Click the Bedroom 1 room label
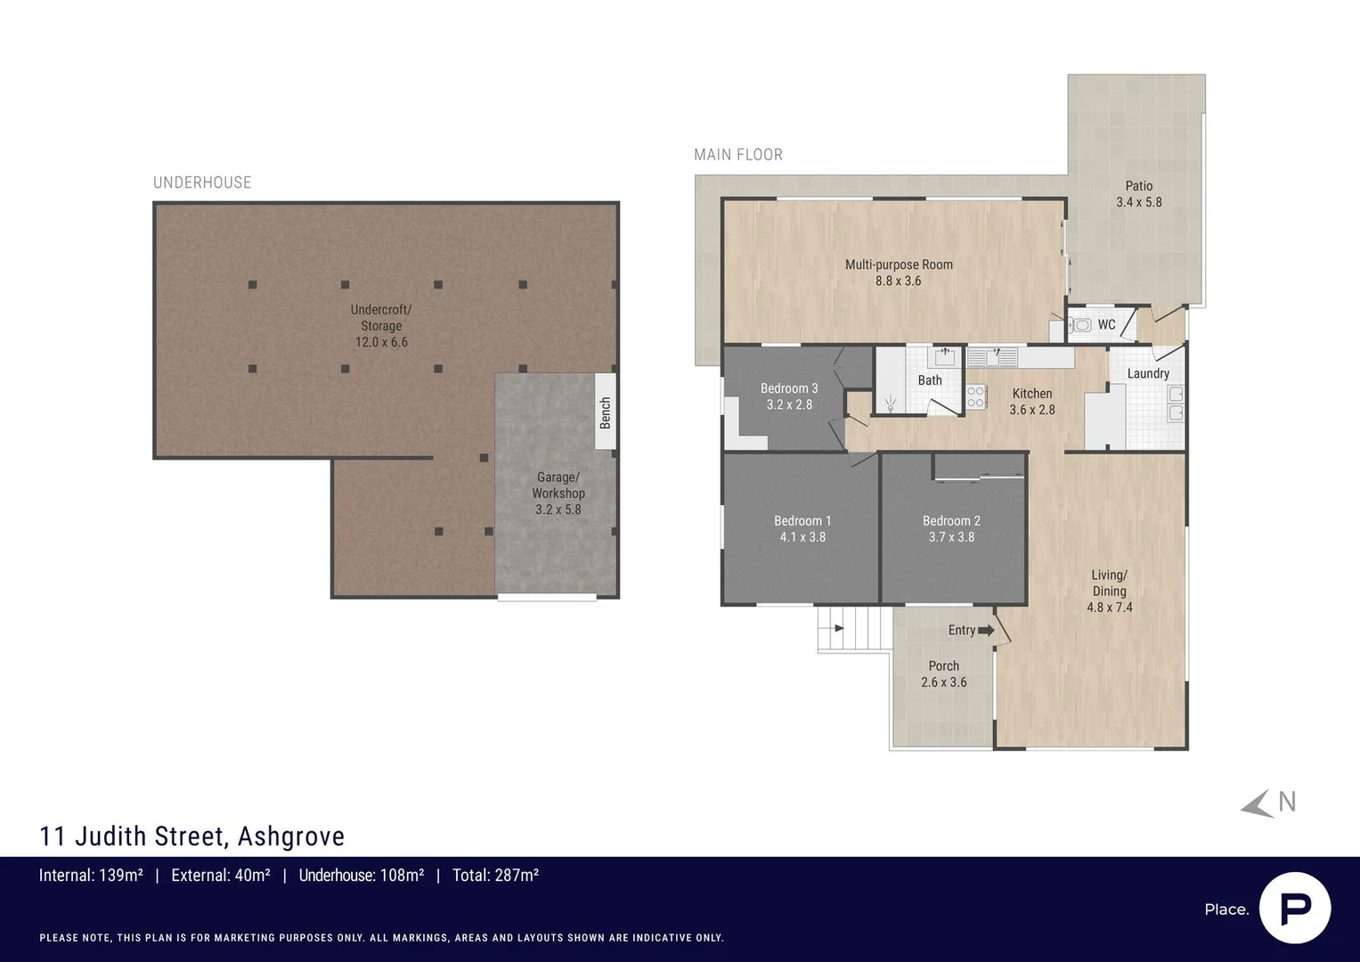[x=802, y=520]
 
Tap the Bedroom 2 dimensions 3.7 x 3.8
[x=951, y=537]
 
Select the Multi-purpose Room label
[x=899, y=265]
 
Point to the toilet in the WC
[x=1080, y=325]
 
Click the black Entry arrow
[x=986, y=631]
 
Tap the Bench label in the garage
[x=606, y=413]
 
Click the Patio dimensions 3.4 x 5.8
[x=1139, y=202]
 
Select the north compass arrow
[x=1256, y=804]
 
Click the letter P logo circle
[x=1295, y=908]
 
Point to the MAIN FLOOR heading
[x=738, y=155]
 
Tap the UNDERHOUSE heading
[x=202, y=183]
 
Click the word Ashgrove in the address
[x=291, y=836]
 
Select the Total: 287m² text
[x=495, y=875]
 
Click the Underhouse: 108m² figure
[x=362, y=875]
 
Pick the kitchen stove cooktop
[x=975, y=396]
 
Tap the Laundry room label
[x=1148, y=373]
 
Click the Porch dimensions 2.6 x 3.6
[x=943, y=682]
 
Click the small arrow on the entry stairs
[x=838, y=628]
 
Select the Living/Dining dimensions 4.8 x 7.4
[x=1109, y=607]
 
